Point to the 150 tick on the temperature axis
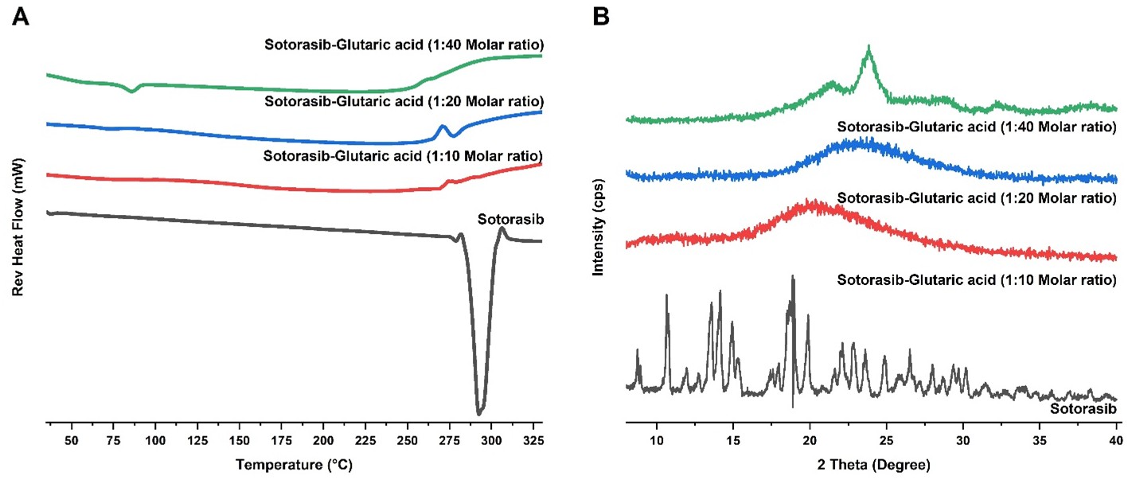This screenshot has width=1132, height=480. pyautogui.click(x=239, y=439)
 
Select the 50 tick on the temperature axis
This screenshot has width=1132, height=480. pyautogui.click(x=72, y=439)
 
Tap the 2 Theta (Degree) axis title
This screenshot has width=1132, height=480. pyautogui.click(x=871, y=462)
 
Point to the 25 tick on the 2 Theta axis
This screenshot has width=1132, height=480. pyautogui.click(x=886, y=439)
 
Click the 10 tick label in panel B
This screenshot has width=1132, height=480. pyautogui.click(x=656, y=439)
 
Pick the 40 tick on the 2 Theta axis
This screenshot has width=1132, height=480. pyautogui.click(x=1115, y=439)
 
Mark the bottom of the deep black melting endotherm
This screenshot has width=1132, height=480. pyautogui.click(x=478, y=413)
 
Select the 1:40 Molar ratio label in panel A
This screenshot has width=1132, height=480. pyautogui.click(x=404, y=44)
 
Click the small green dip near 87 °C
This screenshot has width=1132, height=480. pyautogui.click(x=132, y=92)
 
